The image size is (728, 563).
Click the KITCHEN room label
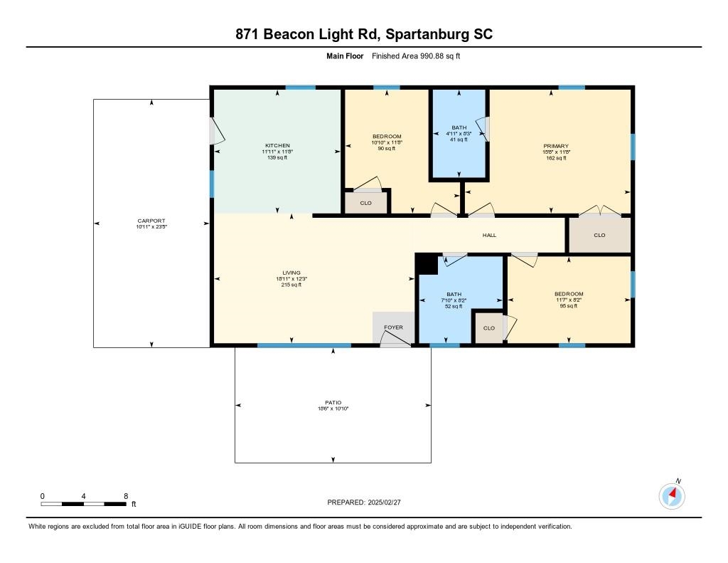coord(278,145)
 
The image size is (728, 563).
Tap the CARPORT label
coord(151,221)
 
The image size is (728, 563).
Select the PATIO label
coord(333,403)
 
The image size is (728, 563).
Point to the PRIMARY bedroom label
coord(556,146)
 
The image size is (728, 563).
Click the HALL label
coord(489,236)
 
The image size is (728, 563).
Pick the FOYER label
coord(393,327)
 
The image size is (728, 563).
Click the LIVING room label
coord(291,273)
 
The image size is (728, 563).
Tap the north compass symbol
coord(672,496)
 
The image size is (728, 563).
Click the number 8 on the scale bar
coord(126,496)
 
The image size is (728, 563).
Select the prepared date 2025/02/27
coord(384,502)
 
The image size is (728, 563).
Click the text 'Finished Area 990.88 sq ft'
coord(416,56)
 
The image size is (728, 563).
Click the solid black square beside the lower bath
coord(427,265)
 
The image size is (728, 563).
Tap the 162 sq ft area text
coord(556,158)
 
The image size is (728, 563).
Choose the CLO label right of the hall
coord(599,236)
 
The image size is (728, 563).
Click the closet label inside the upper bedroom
coord(366,203)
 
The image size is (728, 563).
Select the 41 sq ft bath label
coord(459,140)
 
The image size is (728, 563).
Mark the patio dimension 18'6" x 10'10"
coord(333,409)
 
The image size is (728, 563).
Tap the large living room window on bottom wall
coord(304,345)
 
